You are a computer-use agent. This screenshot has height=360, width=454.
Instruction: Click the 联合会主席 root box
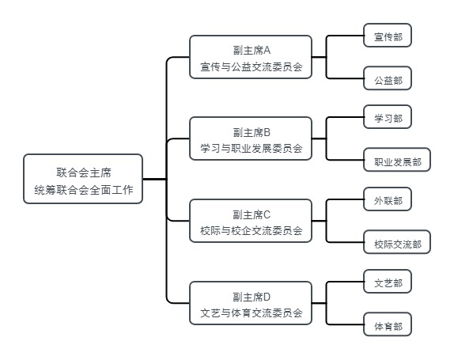tap(83, 179)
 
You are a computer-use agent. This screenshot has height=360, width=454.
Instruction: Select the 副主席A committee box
tap(251, 57)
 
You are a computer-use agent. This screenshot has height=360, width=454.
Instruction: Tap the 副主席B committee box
tap(251, 138)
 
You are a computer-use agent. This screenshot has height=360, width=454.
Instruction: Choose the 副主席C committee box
tap(251, 221)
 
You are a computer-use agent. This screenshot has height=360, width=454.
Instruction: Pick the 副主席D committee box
tap(251, 303)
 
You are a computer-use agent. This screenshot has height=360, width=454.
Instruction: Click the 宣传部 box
tap(388, 35)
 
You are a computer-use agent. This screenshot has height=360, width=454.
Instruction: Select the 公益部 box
tap(388, 78)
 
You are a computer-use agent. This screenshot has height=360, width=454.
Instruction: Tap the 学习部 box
tap(388, 117)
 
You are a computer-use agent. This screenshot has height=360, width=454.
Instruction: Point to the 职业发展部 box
tap(397, 160)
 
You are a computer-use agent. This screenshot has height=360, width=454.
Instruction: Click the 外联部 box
tap(388, 199)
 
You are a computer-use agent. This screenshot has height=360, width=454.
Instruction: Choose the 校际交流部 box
tap(397, 242)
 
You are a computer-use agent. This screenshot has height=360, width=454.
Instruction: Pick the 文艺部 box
tap(388, 281)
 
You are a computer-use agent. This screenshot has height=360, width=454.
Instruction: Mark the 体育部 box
tap(388, 324)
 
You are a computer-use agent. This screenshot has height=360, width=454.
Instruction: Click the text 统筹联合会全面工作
tap(84, 190)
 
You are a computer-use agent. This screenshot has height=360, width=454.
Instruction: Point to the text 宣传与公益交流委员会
tap(252, 67)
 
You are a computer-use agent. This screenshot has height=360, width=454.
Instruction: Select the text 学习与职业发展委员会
tap(252, 148)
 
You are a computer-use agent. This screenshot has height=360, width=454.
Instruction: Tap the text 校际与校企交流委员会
tap(252, 230)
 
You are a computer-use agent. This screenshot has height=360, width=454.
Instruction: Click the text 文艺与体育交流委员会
tap(252, 313)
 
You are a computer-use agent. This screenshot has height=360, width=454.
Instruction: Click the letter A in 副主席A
tap(267, 51)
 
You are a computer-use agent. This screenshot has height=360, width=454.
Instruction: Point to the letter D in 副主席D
tap(267, 297)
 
